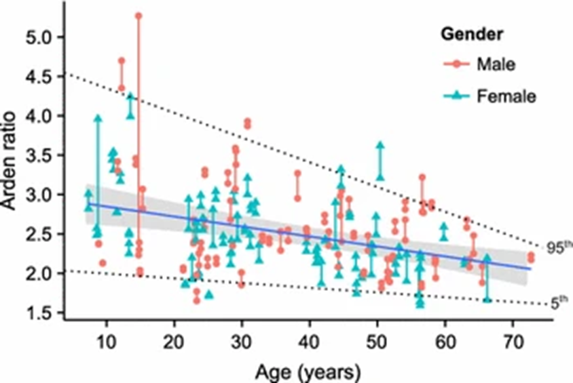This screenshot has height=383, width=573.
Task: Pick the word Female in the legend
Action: (506, 96)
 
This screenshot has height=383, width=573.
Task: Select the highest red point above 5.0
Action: (138, 15)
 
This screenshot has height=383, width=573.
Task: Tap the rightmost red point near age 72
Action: (531, 256)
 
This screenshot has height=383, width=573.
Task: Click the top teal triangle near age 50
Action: (380, 145)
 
